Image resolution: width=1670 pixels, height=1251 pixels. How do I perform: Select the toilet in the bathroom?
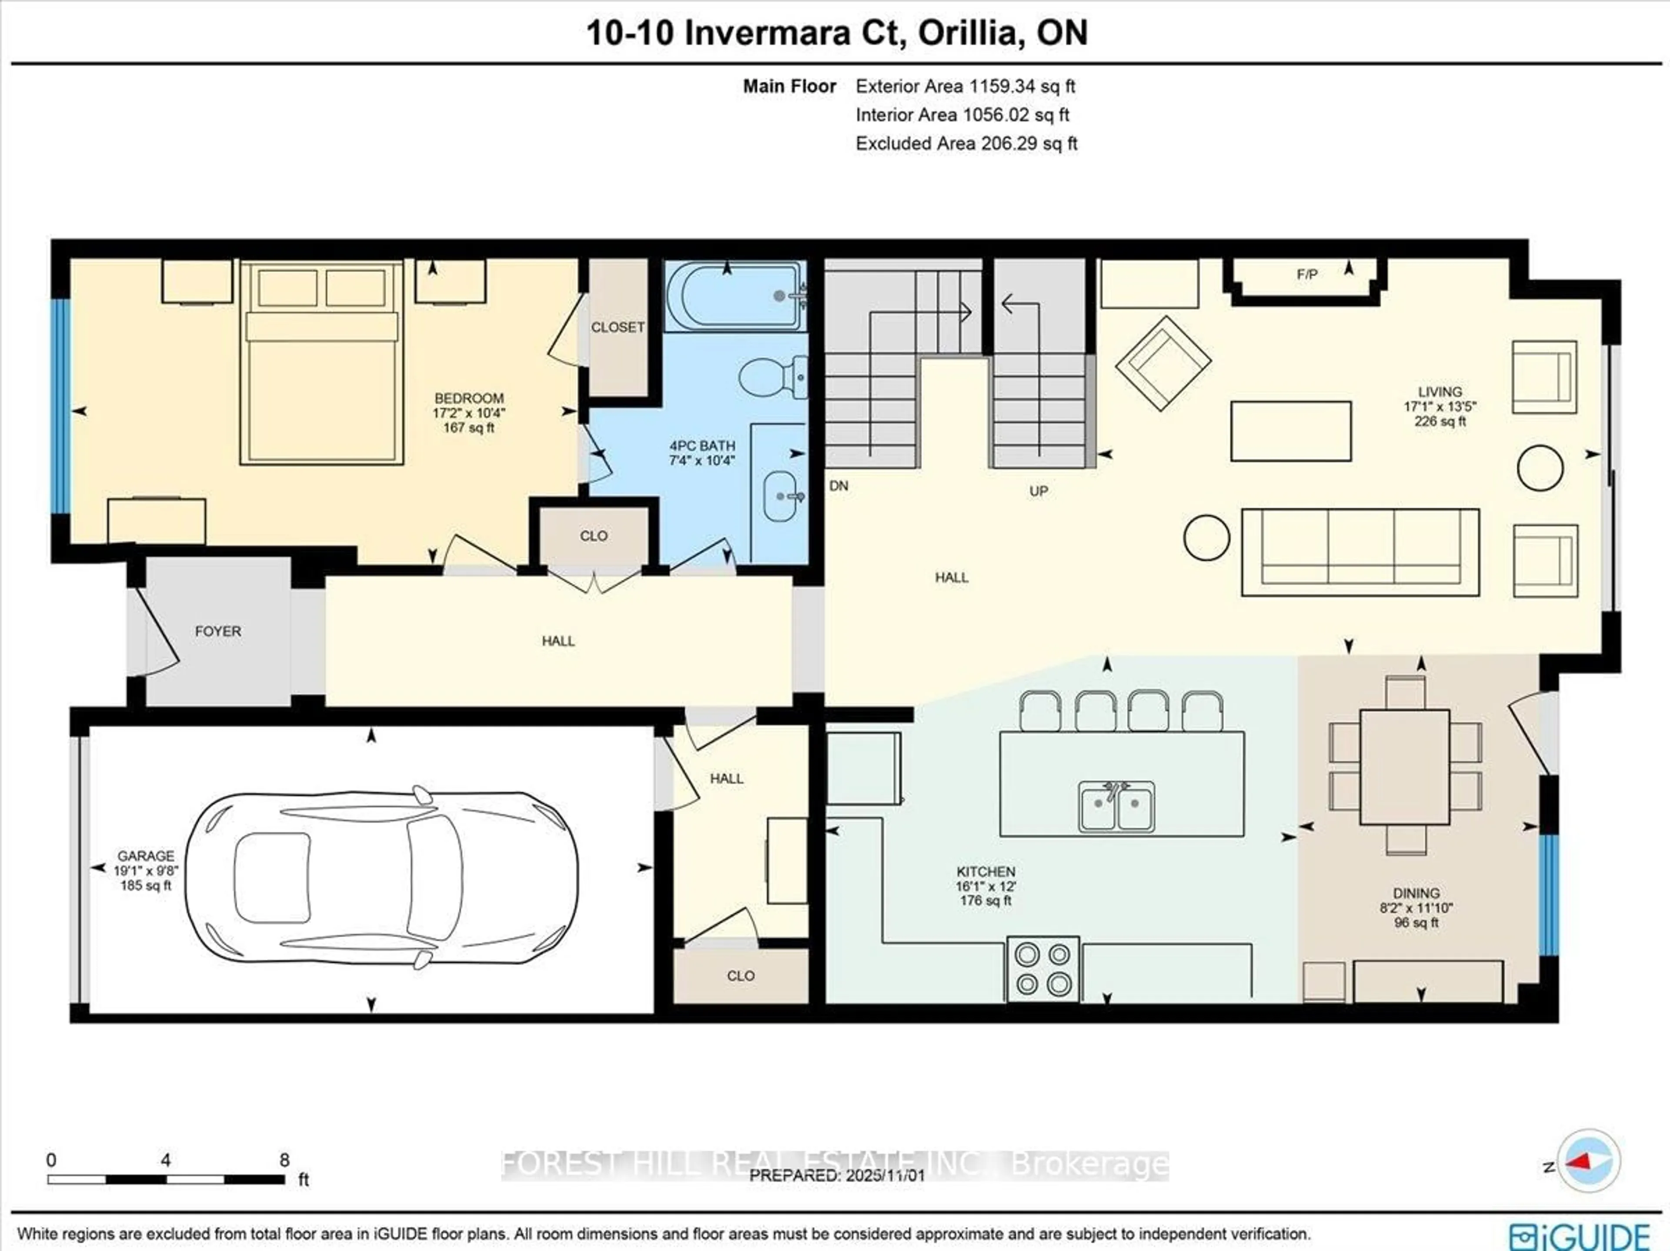770,375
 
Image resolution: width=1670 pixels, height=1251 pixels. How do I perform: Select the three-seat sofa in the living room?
1360,552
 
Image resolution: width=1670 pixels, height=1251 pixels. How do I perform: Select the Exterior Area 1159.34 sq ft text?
965,86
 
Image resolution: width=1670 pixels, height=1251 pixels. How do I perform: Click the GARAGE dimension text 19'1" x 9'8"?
145,871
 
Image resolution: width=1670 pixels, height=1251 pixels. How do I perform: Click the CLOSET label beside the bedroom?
618,327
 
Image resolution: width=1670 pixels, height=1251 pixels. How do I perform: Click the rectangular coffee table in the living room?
1290,431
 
